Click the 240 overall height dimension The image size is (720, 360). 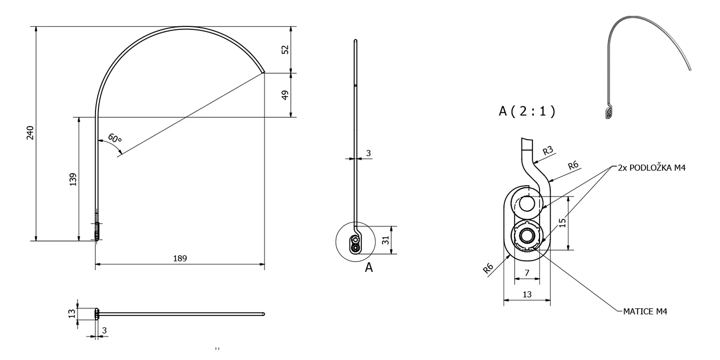point(30,132)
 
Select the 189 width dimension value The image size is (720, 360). point(180,258)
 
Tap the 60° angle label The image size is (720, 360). point(115,139)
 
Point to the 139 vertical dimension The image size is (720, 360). point(73,180)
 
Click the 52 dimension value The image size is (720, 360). point(285,49)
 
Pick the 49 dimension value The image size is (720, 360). point(285,95)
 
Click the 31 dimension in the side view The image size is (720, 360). point(385,240)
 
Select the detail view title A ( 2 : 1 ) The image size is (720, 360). point(527,111)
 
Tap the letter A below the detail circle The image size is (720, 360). point(369,267)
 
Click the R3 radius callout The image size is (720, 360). point(548,150)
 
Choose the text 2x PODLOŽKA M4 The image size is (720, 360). point(651,168)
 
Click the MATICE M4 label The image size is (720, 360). point(645,312)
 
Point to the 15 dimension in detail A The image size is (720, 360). point(562,223)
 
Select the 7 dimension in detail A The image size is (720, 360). point(527,273)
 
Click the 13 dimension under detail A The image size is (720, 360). point(527,294)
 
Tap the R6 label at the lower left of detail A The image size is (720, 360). point(488,268)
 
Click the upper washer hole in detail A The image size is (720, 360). point(527,204)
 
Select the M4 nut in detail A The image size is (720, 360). point(527,236)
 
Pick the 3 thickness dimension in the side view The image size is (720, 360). point(368,153)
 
